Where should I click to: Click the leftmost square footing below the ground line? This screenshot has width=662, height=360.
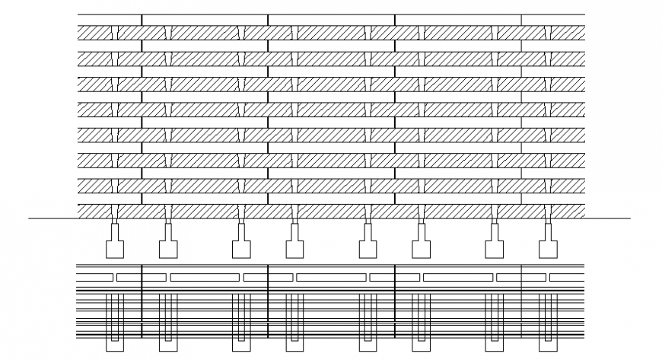114,248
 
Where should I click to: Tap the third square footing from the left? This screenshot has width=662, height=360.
240,248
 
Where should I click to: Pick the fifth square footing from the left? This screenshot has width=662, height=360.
368,248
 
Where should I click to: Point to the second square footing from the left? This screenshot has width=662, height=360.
167,248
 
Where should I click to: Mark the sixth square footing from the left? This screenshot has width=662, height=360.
421,248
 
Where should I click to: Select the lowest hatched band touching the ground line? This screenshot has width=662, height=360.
331,211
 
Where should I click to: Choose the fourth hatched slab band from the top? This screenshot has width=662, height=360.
331,109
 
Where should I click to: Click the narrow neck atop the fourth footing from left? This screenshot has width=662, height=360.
294,231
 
